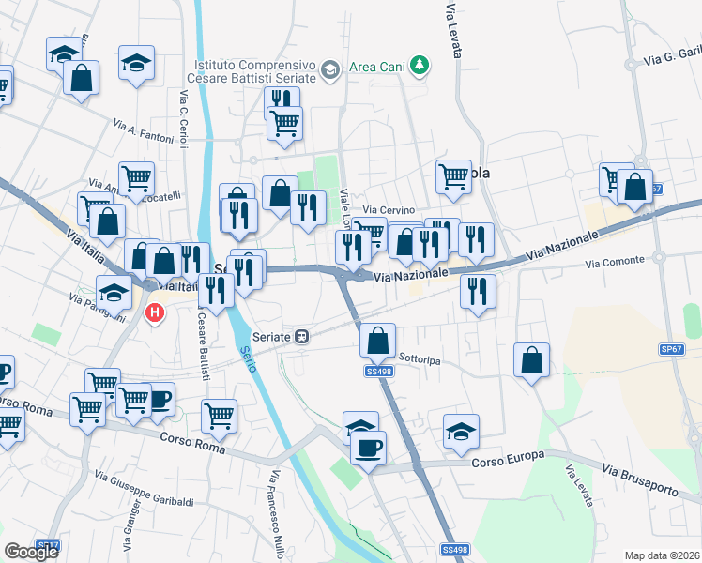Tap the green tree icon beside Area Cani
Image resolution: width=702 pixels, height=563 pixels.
[422, 66]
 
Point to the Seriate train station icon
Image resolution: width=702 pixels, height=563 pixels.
[302, 336]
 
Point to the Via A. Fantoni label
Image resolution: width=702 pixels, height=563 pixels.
[144, 131]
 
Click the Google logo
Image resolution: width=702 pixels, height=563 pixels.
[31, 552]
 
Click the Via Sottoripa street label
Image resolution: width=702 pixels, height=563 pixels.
[420, 358]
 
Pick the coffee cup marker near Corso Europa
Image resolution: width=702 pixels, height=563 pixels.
[369, 447]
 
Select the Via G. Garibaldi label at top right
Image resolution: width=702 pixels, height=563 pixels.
[672, 57]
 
